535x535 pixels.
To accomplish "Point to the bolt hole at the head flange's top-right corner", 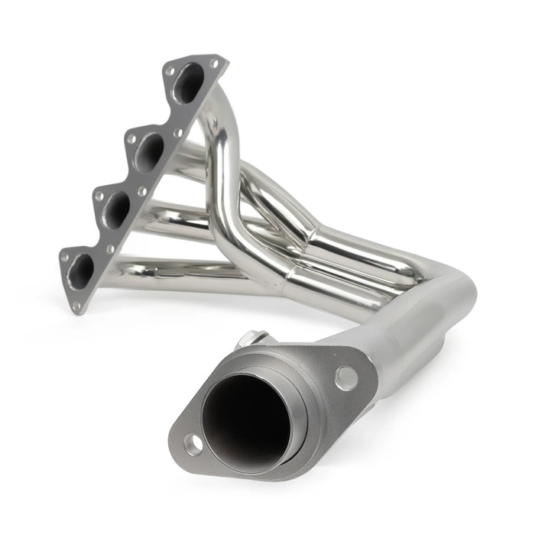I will coord(215,64).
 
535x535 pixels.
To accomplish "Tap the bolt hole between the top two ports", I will coord(177,132).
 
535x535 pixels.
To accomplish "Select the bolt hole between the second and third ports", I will coord(141,191).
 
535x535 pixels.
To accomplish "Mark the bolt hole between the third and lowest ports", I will coord(110,249).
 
